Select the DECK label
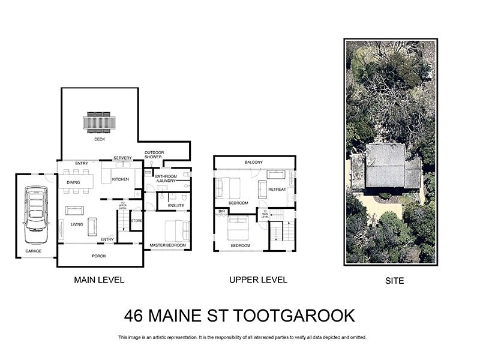click(x=100, y=139)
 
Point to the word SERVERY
click(x=122, y=158)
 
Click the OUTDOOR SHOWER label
click(x=154, y=155)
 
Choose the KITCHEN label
click(x=120, y=179)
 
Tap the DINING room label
click(x=73, y=182)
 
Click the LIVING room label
click(x=77, y=224)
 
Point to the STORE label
click(x=137, y=221)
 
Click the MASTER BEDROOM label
click(x=167, y=245)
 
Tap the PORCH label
click(x=100, y=256)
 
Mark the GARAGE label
click(x=34, y=251)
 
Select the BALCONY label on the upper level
click(x=254, y=163)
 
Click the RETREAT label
click(x=277, y=189)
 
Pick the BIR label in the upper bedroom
click(x=221, y=211)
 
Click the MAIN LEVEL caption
click(x=98, y=280)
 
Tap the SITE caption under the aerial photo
click(x=394, y=280)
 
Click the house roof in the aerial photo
click(x=385, y=168)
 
